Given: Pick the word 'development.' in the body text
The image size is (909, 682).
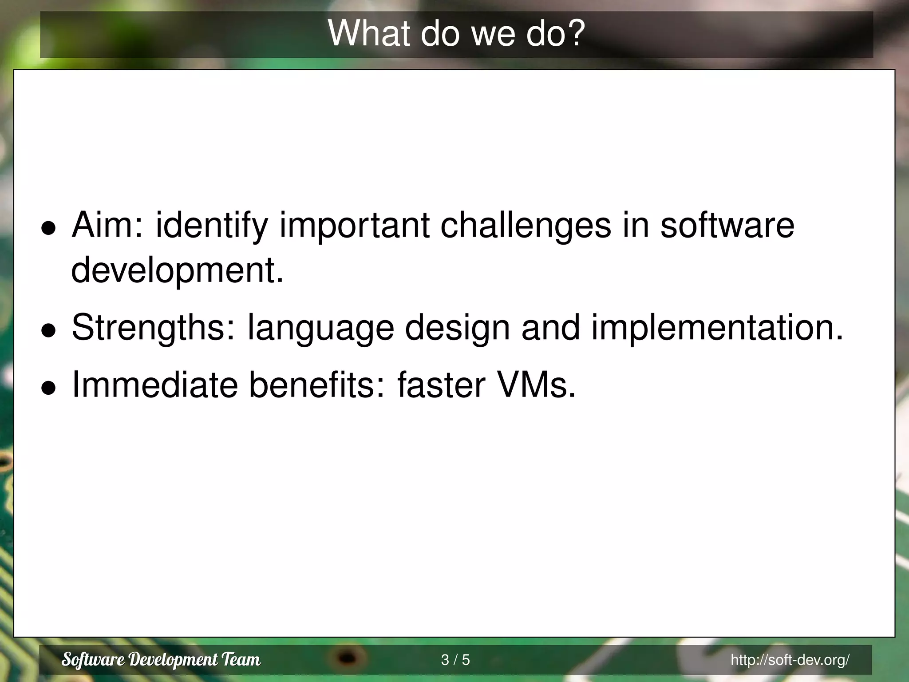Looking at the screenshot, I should (177, 271).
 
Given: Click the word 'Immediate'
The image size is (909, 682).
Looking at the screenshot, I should (155, 385).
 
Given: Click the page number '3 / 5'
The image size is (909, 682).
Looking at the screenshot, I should (455, 660).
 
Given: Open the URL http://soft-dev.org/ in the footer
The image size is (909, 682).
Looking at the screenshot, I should (790, 660).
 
